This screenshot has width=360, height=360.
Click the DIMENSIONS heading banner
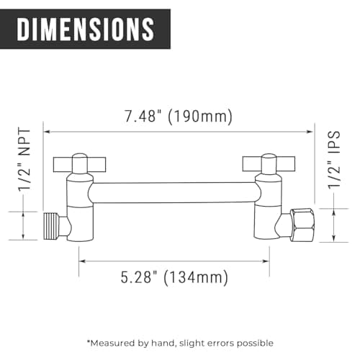click(85, 29)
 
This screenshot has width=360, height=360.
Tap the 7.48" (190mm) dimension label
click(178, 117)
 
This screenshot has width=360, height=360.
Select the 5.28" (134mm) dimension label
click(174, 278)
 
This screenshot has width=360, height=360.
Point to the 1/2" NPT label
click(25, 160)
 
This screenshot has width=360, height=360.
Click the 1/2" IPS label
click(335, 160)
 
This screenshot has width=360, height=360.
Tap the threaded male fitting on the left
click(52, 226)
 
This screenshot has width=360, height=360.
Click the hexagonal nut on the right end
click(302, 225)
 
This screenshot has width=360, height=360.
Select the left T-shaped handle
click(79, 164)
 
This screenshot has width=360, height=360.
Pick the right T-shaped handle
click(269, 164)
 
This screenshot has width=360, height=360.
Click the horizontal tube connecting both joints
click(174, 193)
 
